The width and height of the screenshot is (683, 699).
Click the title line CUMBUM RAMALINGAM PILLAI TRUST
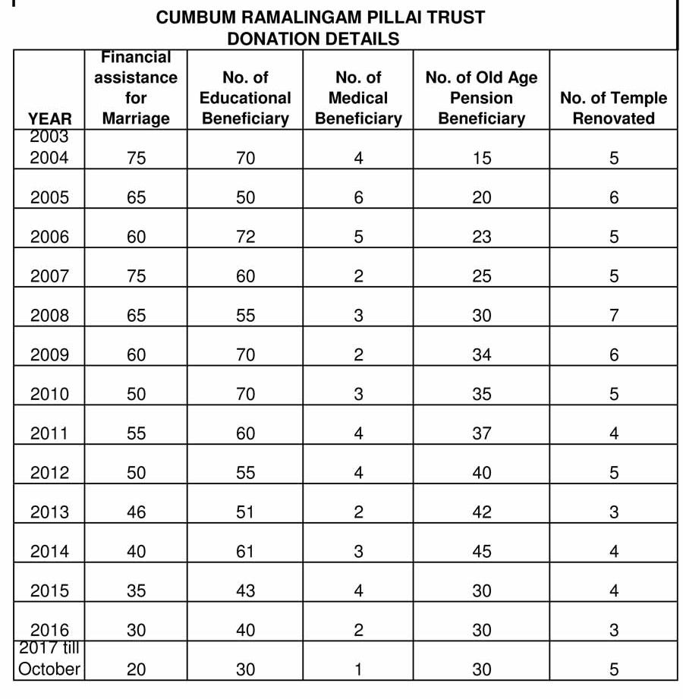click(x=319, y=17)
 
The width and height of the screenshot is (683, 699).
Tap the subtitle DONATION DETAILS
click(x=313, y=39)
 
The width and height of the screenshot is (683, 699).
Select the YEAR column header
click(x=49, y=118)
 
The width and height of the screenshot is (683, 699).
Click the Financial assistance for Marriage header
click(x=136, y=88)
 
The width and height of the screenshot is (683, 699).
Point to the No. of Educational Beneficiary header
click(x=245, y=98)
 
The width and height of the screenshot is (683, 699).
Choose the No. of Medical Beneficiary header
click(x=358, y=98)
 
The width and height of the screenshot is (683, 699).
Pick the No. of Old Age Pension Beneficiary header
click(x=481, y=98)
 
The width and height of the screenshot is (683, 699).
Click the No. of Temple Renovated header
click(x=613, y=108)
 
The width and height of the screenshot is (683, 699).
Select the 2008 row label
click(x=49, y=316)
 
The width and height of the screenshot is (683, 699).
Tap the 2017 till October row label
click(x=49, y=659)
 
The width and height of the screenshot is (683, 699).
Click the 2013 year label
click(x=49, y=512)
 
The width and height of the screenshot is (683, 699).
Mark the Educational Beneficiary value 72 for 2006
click(x=245, y=237)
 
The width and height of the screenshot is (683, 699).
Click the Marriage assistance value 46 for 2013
click(x=136, y=512)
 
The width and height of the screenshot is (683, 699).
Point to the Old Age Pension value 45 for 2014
click(x=481, y=552)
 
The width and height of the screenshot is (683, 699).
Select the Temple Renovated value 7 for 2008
click(x=613, y=316)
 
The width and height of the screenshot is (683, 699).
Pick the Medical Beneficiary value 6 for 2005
click(x=358, y=197)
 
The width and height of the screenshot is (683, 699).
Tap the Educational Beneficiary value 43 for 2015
click(x=245, y=591)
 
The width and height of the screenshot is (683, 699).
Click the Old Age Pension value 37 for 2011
click(x=481, y=433)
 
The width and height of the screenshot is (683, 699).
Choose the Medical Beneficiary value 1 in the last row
click(x=358, y=669)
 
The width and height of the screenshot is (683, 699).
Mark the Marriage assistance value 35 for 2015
click(x=136, y=591)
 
